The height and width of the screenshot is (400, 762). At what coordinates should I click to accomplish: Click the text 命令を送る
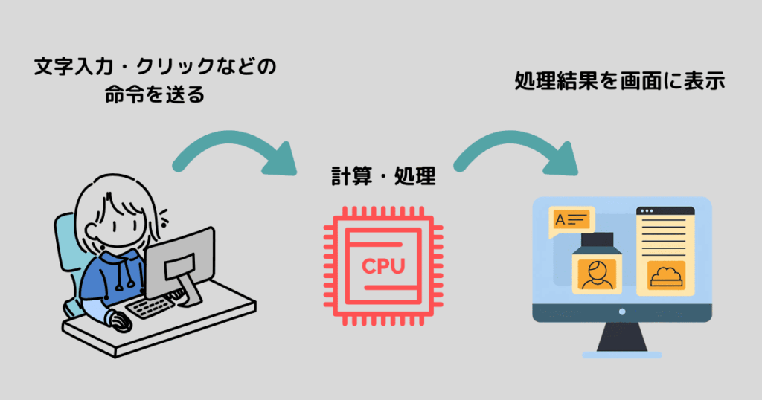point(155,97)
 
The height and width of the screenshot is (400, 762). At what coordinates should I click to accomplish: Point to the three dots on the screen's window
point(647,211)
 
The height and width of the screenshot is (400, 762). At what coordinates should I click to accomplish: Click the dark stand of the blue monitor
point(621,338)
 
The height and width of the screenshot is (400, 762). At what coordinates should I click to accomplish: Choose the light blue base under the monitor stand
point(621,355)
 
